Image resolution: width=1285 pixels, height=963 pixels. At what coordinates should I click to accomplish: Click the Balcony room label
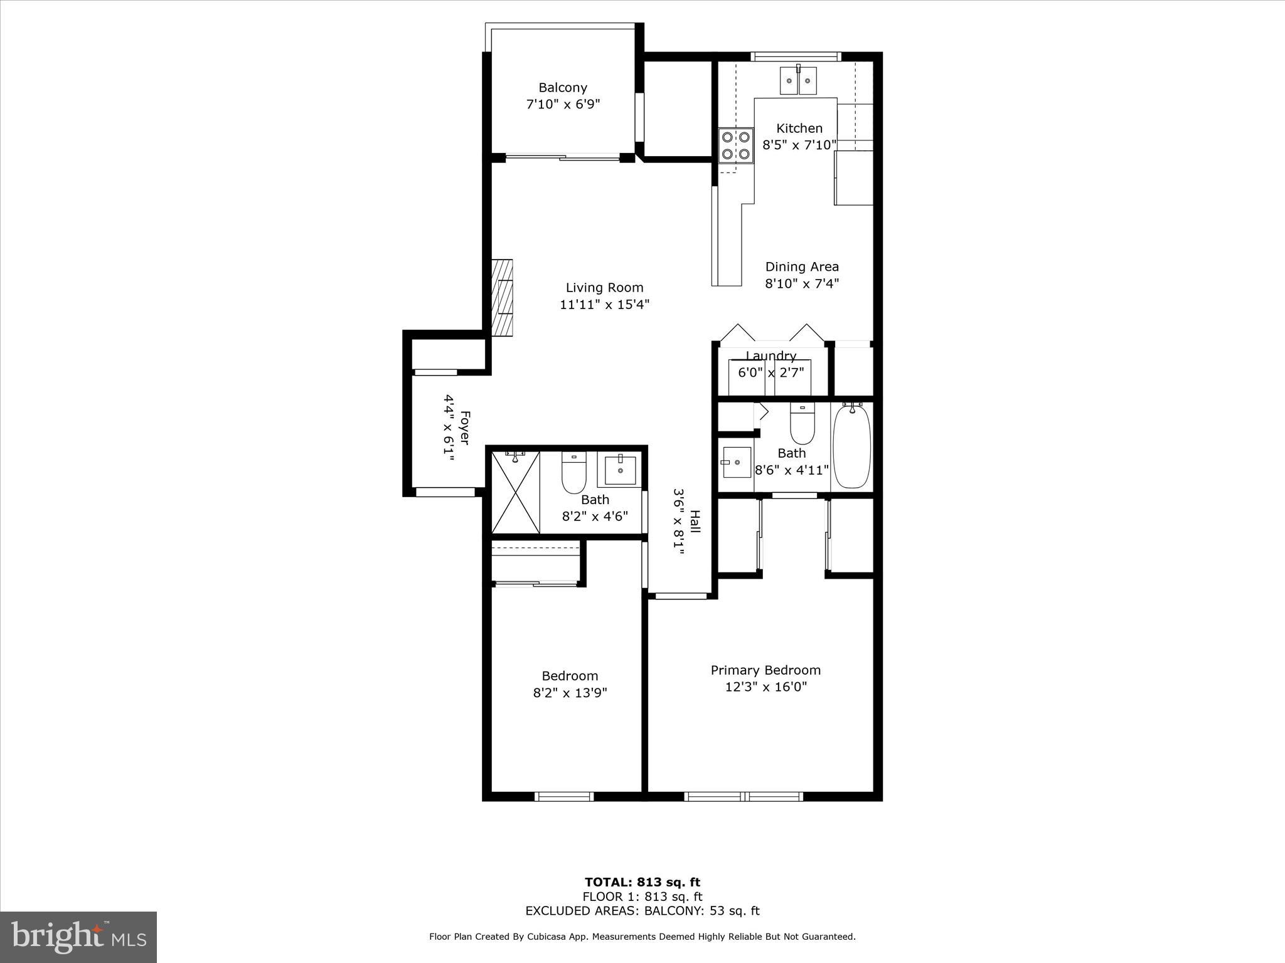tap(563, 88)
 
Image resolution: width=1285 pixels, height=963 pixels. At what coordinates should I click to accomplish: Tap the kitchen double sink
tap(798, 81)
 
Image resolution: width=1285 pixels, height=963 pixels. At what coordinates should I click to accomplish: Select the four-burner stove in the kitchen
tap(736, 145)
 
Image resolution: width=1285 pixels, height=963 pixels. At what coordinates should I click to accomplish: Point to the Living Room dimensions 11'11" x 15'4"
tap(604, 305)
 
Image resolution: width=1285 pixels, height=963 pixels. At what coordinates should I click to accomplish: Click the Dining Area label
tap(802, 267)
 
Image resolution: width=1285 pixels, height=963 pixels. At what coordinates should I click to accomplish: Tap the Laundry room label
tap(770, 356)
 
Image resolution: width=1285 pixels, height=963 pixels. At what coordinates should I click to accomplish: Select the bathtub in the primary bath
tap(851, 446)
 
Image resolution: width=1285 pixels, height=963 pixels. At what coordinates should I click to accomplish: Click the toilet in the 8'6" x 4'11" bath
tap(802, 424)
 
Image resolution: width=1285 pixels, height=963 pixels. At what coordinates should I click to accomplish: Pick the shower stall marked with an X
tap(515, 492)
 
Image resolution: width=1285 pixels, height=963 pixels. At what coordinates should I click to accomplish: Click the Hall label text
tap(695, 522)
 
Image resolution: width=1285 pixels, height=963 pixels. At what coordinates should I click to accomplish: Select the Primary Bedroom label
tap(765, 670)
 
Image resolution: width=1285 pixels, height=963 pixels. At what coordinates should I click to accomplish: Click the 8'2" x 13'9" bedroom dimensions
tap(570, 693)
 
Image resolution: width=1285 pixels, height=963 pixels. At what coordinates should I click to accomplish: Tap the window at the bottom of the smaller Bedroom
tap(563, 796)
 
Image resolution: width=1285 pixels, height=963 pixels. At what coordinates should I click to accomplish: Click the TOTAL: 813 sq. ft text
tap(642, 883)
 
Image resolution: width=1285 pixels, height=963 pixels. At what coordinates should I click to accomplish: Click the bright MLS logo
tap(78, 937)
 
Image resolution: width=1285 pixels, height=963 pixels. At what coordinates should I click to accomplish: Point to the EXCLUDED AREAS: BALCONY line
tap(642, 911)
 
